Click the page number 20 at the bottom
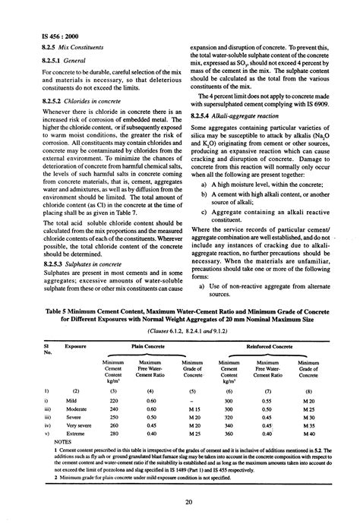tap(181, 501)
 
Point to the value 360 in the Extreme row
tap(230, 434)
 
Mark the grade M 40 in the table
tap(308, 434)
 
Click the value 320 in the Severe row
tap(230, 417)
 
